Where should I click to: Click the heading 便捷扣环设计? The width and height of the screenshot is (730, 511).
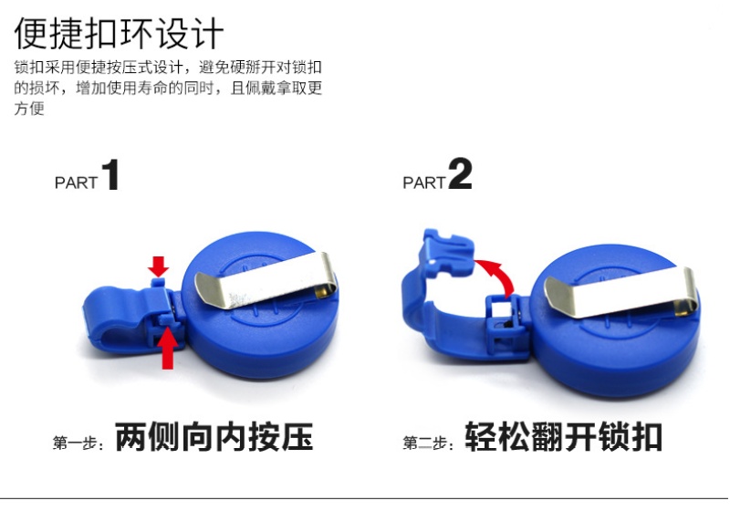[x=120, y=34]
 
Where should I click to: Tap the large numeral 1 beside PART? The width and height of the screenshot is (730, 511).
[x=110, y=174]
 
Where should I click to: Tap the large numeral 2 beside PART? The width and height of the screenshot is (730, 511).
[x=461, y=173]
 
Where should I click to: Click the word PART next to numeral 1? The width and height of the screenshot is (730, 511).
[x=76, y=182]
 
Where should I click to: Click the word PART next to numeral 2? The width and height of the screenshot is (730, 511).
[x=424, y=182]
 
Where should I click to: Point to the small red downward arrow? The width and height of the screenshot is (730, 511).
[x=158, y=266]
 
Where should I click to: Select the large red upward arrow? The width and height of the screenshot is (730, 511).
[x=167, y=348]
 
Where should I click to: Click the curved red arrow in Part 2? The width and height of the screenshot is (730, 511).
[x=496, y=276]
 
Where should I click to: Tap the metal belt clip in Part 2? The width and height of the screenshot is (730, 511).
[x=621, y=292]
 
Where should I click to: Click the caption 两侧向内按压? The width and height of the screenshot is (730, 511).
[x=214, y=436]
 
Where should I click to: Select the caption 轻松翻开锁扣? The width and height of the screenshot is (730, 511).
[x=563, y=436]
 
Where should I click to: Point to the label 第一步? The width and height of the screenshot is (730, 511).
[x=78, y=443]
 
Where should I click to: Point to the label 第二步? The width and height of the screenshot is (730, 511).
[x=427, y=443]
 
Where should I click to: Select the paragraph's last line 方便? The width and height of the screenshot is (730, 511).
[x=29, y=109]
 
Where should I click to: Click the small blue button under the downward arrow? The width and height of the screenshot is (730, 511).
[x=158, y=283]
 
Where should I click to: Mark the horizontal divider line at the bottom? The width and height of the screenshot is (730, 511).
[x=364, y=498]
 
